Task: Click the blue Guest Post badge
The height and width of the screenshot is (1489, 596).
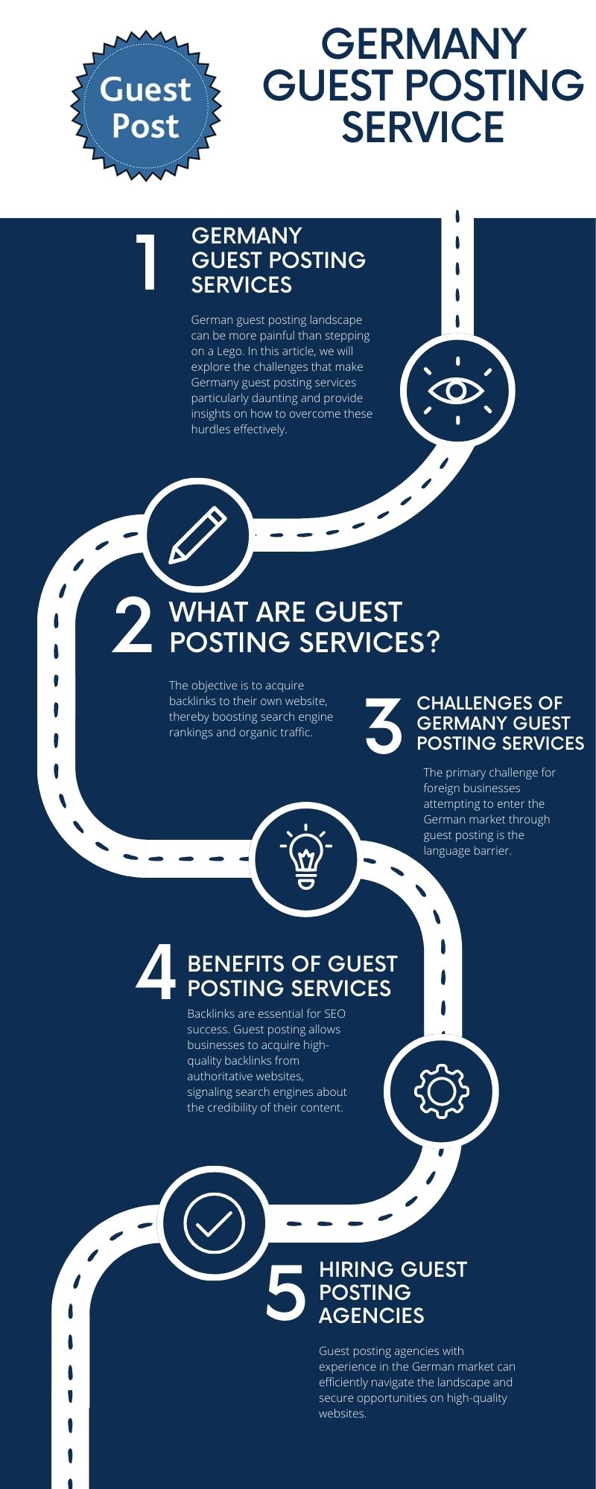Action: click(x=146, y=106)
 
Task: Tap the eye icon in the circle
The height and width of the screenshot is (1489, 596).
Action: click(x=457, y=390)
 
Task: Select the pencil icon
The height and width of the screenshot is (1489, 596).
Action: click(x=198, y=534)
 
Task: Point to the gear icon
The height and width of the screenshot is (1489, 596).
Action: click(x=441, y=1091)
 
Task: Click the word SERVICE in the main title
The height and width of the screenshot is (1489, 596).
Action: click(x=422, y=127)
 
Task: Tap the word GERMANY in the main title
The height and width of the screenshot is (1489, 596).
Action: click(x=423, y=44)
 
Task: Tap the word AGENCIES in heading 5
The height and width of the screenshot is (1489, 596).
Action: click(x=371, y=1316)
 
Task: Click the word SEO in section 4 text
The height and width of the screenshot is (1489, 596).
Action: click(x=335, y=1014)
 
